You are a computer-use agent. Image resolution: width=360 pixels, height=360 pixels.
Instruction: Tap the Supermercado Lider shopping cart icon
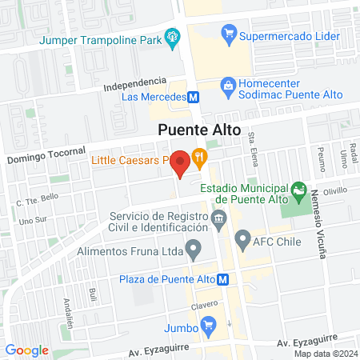230,34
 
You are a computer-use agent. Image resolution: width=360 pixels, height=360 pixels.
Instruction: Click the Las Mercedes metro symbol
193,98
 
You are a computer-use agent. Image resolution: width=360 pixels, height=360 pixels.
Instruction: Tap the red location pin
181,163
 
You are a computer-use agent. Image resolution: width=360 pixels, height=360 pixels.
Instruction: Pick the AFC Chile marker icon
242,238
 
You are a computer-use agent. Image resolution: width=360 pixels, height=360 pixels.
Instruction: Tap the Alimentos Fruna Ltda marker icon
194,250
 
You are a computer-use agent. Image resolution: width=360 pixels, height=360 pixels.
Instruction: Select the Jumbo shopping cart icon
209,324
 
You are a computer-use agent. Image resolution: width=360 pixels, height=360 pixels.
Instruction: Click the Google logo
26,350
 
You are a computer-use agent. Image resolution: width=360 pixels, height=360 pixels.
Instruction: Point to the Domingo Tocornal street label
46,154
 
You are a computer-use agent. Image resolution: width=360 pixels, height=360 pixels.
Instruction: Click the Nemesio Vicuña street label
320,224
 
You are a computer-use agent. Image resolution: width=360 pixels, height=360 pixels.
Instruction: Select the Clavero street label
204,305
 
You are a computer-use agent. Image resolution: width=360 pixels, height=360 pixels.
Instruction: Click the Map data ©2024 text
324,354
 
